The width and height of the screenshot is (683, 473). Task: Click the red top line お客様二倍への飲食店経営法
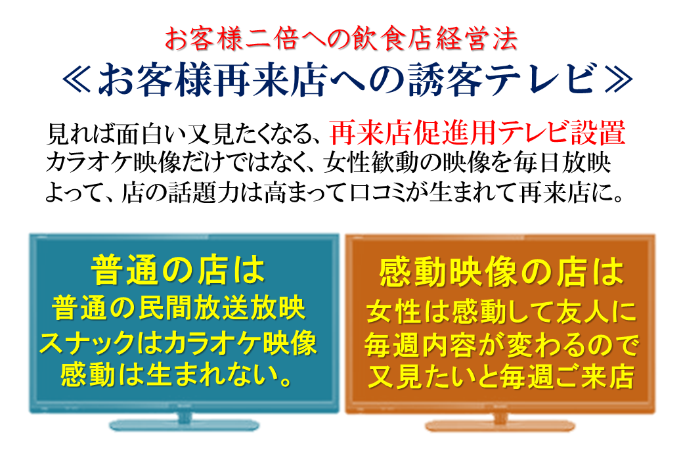point(341,39)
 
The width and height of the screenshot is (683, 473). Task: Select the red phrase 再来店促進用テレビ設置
point(477,133)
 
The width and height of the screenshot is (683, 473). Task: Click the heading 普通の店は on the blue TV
point(178,270)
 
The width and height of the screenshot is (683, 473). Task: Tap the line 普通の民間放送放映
point(178,308)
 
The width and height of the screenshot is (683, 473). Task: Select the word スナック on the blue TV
point(87,343)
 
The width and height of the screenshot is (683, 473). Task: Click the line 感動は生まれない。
point(177,375)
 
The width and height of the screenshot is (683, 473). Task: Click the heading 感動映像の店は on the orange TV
point(502,273)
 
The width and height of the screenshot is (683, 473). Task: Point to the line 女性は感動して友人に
point(501,312)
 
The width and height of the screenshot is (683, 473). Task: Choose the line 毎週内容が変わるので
point(501,345)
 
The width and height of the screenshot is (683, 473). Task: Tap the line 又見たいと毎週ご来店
point(501,376)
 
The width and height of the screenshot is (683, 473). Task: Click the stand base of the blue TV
point(185,424)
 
